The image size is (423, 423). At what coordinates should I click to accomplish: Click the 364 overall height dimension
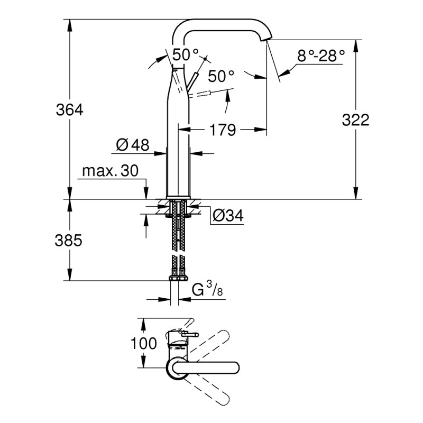pos(70,110)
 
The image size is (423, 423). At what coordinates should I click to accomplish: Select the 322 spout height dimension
pos(355,120)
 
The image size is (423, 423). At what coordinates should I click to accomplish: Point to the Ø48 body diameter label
pos(132,144)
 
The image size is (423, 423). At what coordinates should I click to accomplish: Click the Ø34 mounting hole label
pos(228,215)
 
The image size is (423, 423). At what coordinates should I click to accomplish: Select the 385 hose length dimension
pos(70,241)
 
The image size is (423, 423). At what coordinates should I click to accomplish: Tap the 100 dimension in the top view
pos(144,343)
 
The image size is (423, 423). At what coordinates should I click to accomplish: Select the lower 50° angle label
pos(220,77)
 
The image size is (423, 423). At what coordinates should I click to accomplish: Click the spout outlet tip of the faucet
pos(268,40)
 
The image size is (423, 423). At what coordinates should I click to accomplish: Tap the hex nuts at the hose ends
pos(178,278)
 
